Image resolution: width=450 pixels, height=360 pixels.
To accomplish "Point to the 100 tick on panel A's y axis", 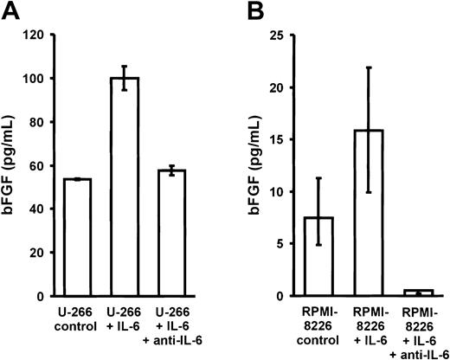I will pos(32,79).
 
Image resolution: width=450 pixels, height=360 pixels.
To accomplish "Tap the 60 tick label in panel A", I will pos(35,166).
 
